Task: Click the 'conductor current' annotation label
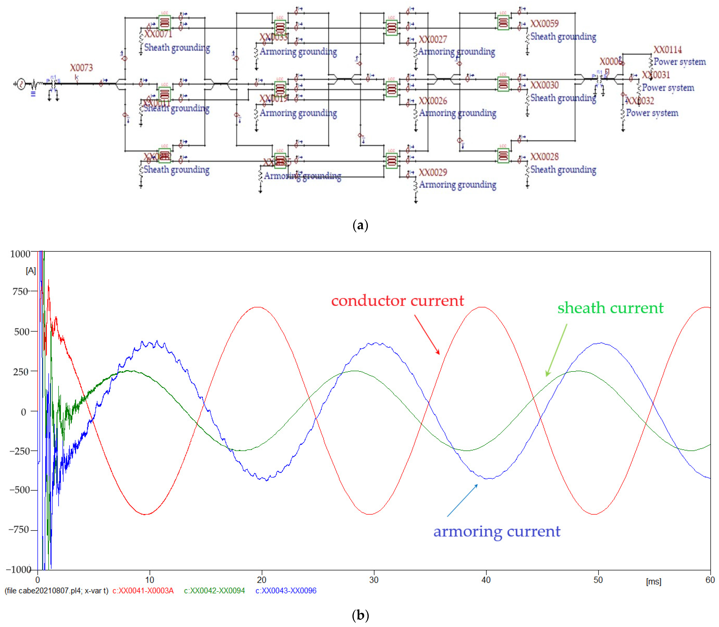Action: click(397, 301)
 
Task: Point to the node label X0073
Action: click(81, 67)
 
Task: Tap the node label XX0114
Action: click(668, 50)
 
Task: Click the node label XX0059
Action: click(544, 23)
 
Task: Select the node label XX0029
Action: click(433, 172)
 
